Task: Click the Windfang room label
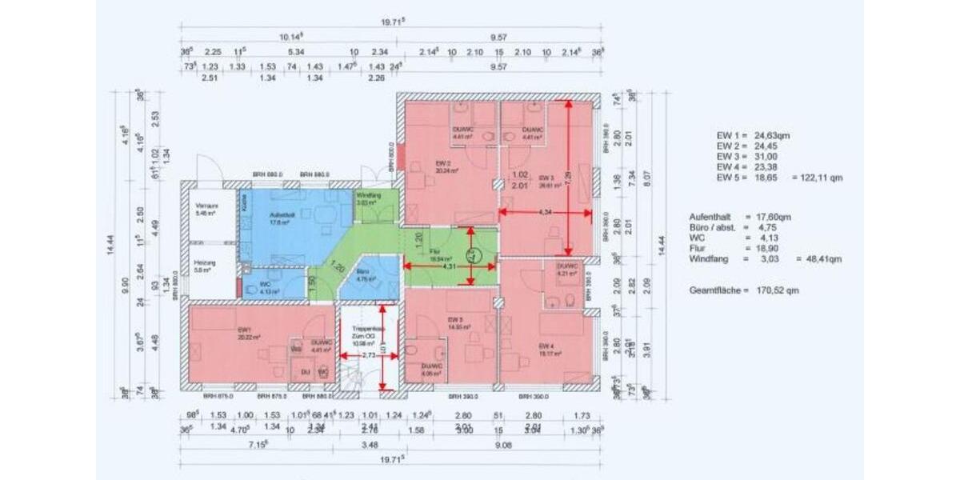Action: coord(369,194)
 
